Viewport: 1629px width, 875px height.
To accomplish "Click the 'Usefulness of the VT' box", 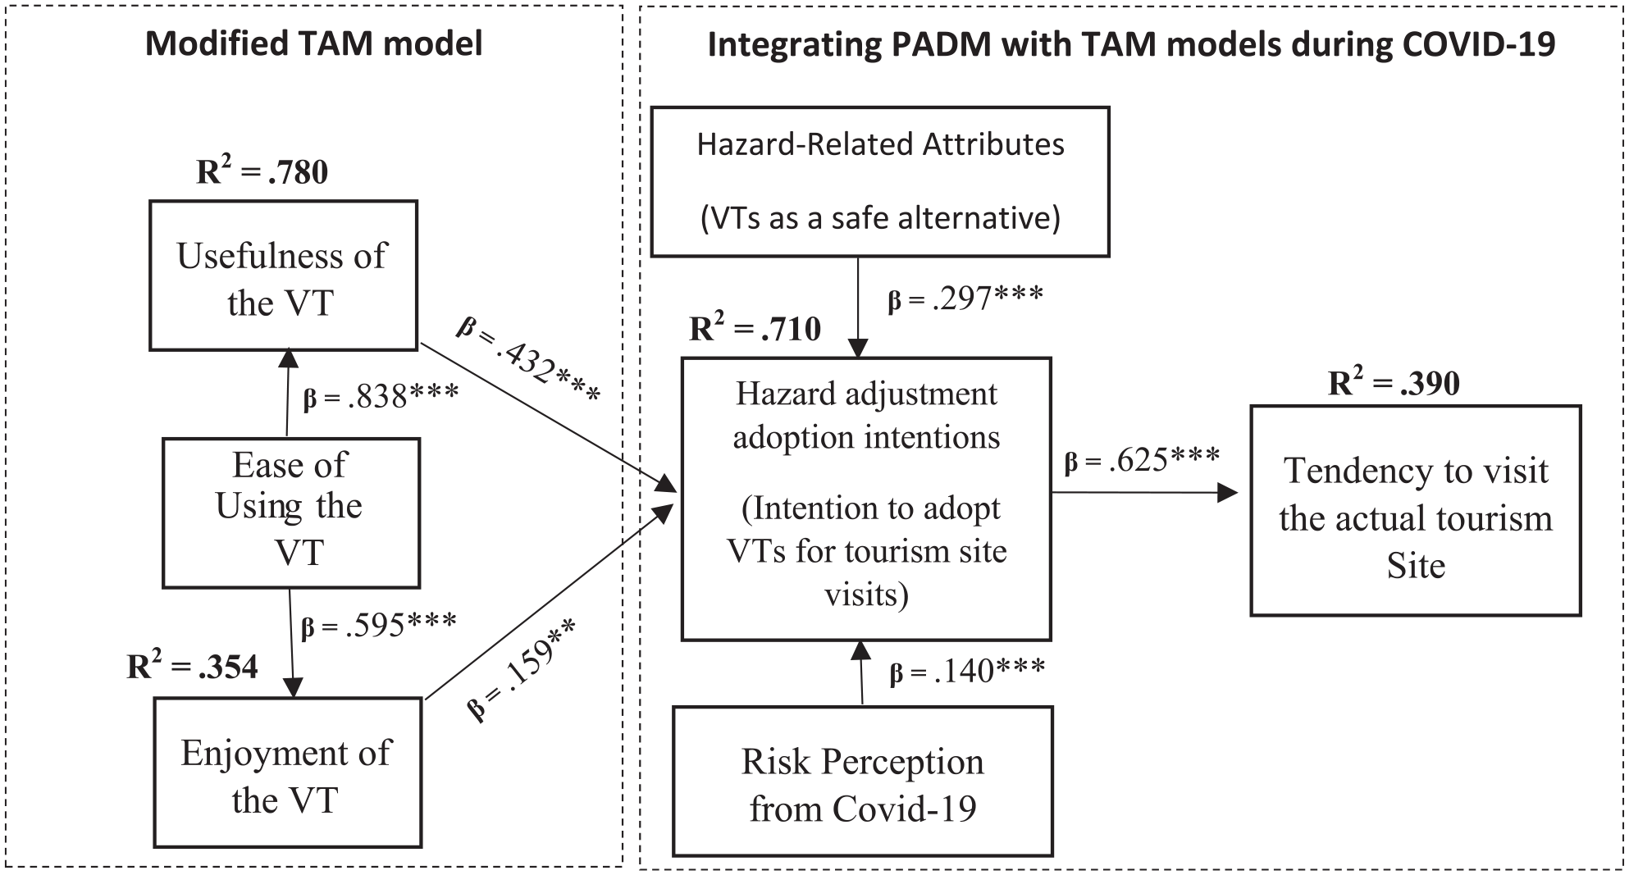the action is tap(283, 276).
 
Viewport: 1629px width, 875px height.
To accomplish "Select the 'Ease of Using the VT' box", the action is tap(291, 513).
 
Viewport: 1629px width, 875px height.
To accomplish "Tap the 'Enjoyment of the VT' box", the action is tap(288, 772).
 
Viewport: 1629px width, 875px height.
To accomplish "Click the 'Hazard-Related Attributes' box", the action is tap(880, 182).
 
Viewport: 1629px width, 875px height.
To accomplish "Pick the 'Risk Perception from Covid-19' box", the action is tap(863, 782).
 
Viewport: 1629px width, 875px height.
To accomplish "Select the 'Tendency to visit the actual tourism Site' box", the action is tap(1416, 510).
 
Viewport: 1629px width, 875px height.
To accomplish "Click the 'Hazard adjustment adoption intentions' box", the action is tap(866, 499).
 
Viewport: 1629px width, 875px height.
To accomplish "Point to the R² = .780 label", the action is tap(262, 171).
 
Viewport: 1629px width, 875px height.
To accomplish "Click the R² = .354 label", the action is tap(192, 666).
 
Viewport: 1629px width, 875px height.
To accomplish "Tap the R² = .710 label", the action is tap(755, 327).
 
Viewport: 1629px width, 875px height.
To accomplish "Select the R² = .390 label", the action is tap(1394, 382).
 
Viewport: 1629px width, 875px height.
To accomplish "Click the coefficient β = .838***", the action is tap(381, 397).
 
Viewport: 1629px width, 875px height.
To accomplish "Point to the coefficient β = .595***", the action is tap(379, 626).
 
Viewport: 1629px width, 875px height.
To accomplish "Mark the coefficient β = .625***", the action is tap(1142, 460).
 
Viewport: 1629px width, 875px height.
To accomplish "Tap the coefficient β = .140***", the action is tap(968, 672).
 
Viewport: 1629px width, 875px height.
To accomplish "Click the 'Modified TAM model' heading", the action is tap(314, 43).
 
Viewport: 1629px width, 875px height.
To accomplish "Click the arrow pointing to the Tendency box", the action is tap(1145, 492).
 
